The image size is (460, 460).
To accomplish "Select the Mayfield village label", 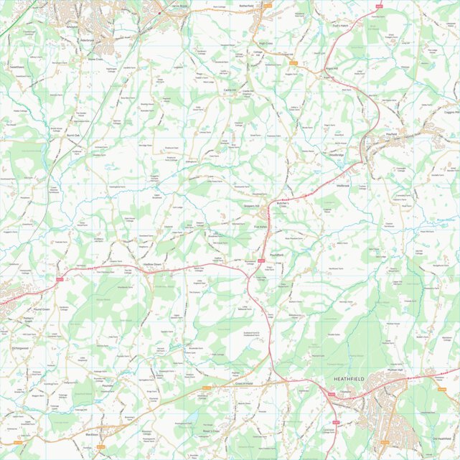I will tap(391, 134).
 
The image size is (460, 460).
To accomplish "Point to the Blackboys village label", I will tap(91, 435).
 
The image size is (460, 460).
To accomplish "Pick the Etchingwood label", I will tap(20, 348).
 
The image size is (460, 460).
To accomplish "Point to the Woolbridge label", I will tap(337, 155).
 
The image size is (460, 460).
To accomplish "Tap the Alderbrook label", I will tap(96, 40).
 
